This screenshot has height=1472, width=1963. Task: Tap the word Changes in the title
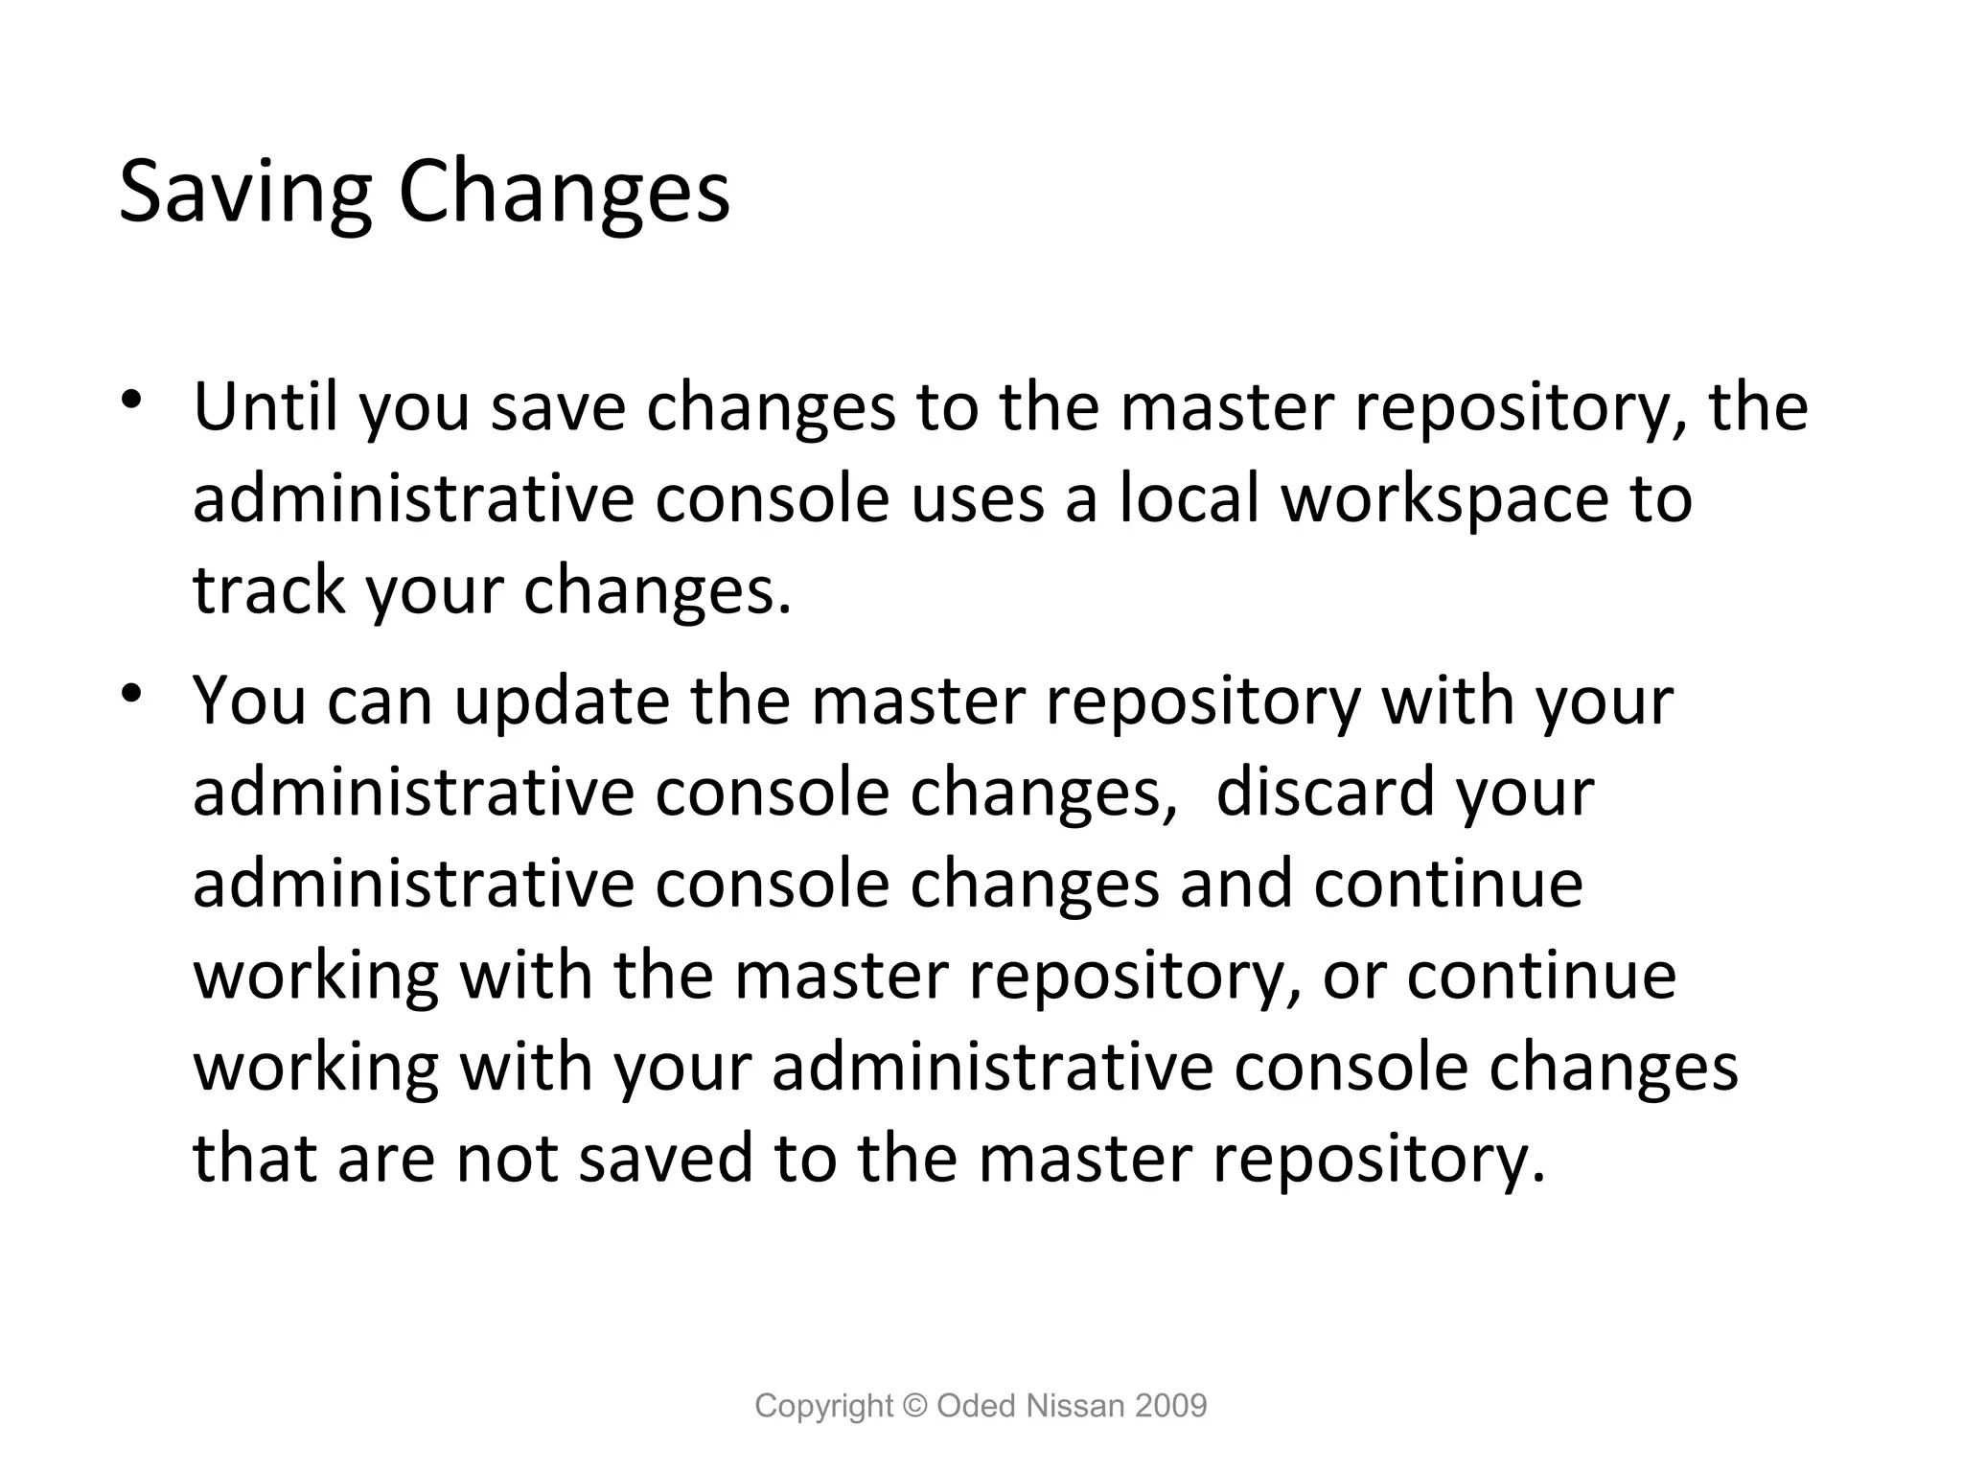pos(564,194)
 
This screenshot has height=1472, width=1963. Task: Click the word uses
pos(978,499)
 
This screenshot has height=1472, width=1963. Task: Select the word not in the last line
pos(507,1158)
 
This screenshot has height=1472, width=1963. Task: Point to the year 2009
pos(1170,1406)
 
